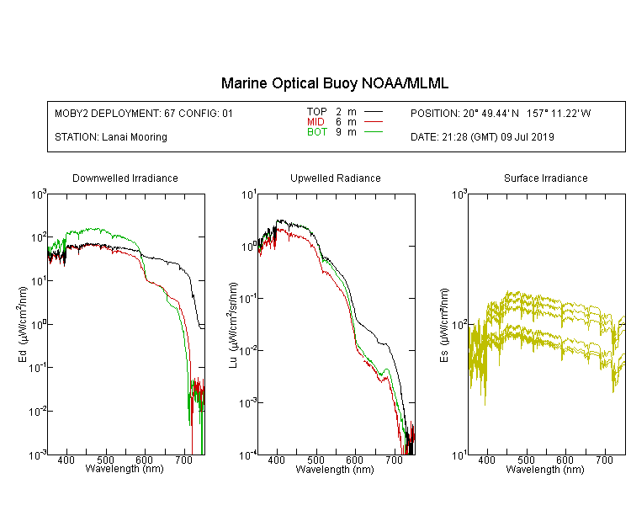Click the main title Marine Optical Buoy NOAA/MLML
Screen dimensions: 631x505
pyautogui.click(x=334, y=84)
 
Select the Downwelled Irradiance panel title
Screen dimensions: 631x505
pyautogui.click(x=125, y=178)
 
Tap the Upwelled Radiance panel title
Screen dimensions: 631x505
pyautogui.click(x=336, y=178)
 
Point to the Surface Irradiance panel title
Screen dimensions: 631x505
pyautogui.click(x=546, y=178)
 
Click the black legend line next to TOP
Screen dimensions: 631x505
pyautogui.click(x=373, y=112)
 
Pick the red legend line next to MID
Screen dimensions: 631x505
pyautogui.click(x=373, y=121)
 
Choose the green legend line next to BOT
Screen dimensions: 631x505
pyautogui.click(x=373, y=131)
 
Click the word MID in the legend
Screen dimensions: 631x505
pyautogui.click(x=315, y=121)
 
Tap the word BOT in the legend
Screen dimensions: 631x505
pyautogui.click(x=316, y=132)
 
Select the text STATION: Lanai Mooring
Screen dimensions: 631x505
pyautogui.click(x=111, y=137)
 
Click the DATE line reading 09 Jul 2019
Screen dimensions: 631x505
pyautogui.click(x=482, y=137)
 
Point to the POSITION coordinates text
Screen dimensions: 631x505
pyautogui.click(x=501, y=114)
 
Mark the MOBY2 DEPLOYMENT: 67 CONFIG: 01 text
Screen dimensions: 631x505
pyautogui.click(x=144, y=114)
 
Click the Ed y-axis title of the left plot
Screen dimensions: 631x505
pyautogui.click(x=23, y=324)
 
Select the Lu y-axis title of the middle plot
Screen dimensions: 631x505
pyautogui.click(x=233, y=325)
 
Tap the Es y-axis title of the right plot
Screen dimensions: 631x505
pyautogui.click(x=444, y=325)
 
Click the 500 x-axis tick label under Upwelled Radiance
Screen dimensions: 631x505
pyautogui.click(x=315, y=460)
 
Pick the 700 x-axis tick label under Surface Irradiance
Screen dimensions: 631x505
pyautogui.click(x=604, y=460)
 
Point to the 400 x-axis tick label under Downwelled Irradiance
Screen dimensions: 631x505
pyautogui.click(x=66, y=460)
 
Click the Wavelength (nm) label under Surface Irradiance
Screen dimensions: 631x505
pyautogui.click(x=545, y=470)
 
